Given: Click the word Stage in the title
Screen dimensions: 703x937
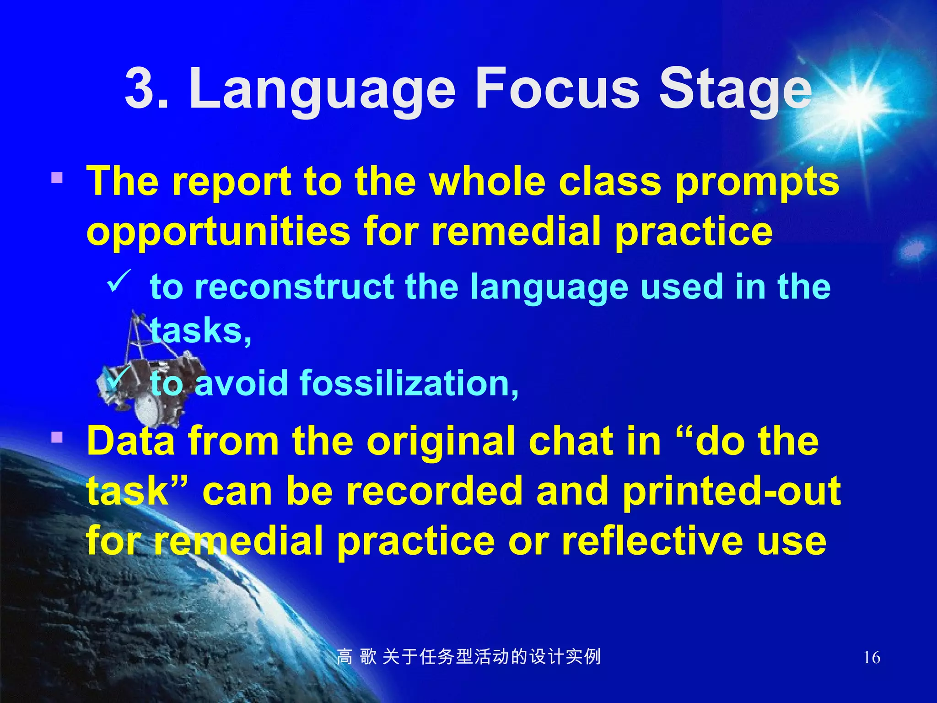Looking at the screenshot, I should [735, 90].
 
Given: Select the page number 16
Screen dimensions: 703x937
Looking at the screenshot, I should [872, 658].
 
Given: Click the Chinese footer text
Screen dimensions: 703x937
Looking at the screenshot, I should [468, 657].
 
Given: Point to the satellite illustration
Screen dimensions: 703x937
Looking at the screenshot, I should [146, 375].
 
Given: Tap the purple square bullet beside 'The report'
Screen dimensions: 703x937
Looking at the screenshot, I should [57, 178].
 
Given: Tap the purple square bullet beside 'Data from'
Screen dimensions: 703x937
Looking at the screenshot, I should [57, 437].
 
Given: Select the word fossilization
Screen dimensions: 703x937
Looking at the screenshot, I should [409, 384].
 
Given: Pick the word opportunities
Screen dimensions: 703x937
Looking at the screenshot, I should [219, 232].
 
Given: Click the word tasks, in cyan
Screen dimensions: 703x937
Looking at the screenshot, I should [200, 330].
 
